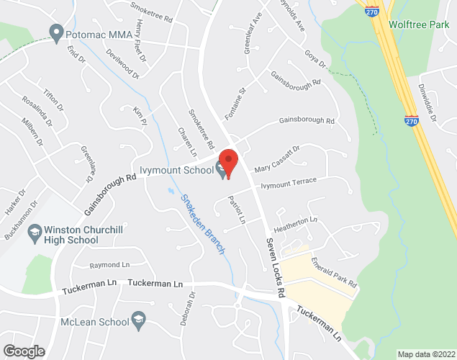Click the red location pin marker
point(229,163)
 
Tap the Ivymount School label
point(177,170)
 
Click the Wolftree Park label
point(419,24)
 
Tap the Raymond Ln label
point(109,264)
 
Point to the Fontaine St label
point(236,102)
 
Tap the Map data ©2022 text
point(426,354)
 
